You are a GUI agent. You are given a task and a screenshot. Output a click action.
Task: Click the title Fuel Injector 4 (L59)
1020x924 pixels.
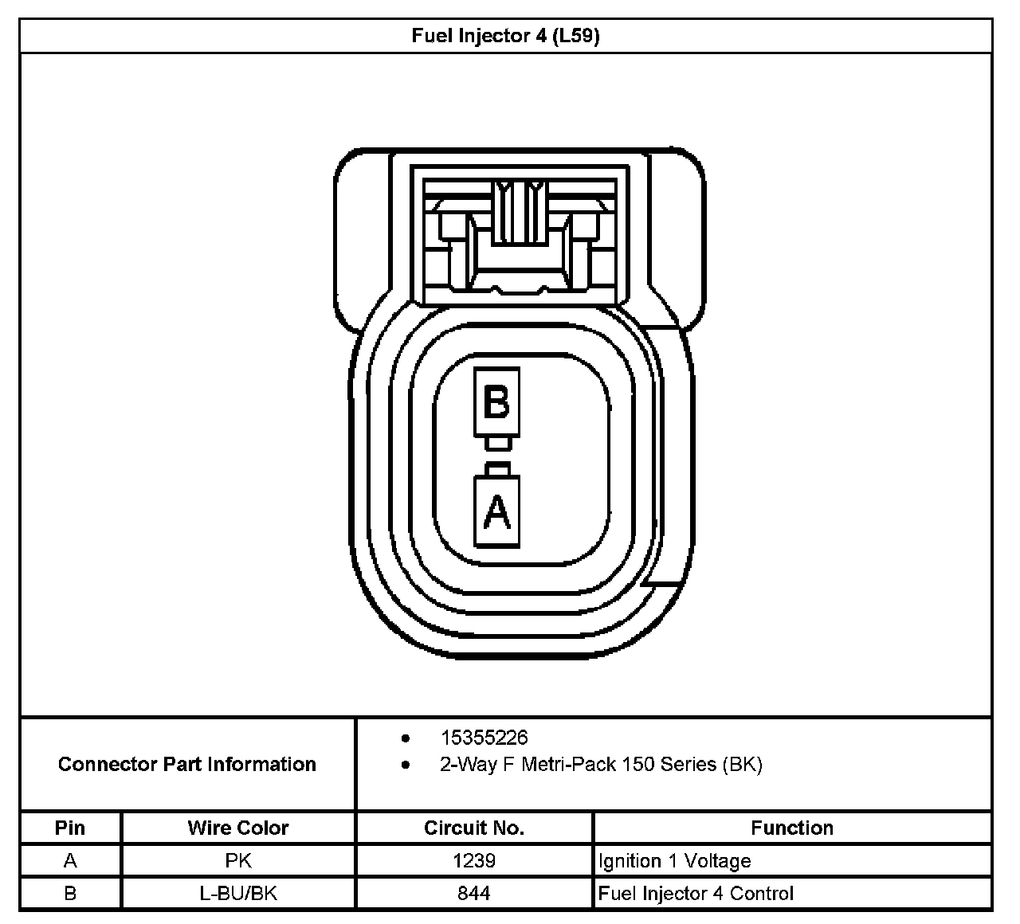click(x=505, y=36)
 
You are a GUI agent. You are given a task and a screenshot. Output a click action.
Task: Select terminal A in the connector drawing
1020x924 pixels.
click(x=496, y=511)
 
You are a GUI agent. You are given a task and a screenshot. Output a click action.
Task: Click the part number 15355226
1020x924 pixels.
click(x=484, y=738)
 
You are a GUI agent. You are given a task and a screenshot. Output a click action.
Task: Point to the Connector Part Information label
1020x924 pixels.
click(x=187, y=765)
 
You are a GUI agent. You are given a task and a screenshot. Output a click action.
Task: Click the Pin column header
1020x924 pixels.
click(x=70, y=828)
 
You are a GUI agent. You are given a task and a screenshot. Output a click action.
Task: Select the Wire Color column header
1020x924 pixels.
click(x=237, y=828)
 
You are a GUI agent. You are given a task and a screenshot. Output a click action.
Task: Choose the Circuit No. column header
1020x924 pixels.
click(x=474, y=828)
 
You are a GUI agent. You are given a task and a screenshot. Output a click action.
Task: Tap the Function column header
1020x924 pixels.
click(x=792, y=828)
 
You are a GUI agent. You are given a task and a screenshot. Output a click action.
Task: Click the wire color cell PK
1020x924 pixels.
click(x=237, y=861)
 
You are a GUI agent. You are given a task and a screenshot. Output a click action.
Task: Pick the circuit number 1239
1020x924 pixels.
click(x=474, y=861)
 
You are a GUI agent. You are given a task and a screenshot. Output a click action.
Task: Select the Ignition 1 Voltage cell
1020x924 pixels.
click(x=675, y=861)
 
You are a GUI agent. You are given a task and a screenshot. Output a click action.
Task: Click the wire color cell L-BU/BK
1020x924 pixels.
click(x=237, y=894)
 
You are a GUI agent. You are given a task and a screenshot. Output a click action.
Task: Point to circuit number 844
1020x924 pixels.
click(x=474, y=894)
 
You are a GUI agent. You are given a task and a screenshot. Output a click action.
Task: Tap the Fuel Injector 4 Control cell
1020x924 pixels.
click(x=696, y=894)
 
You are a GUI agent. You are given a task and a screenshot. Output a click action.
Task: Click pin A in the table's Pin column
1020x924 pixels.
click(x=70, y=861)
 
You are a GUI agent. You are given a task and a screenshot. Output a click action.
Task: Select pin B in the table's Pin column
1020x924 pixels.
click(x=70, y=894)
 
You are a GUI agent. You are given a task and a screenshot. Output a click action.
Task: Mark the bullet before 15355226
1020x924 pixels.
click(x=406, y=738)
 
